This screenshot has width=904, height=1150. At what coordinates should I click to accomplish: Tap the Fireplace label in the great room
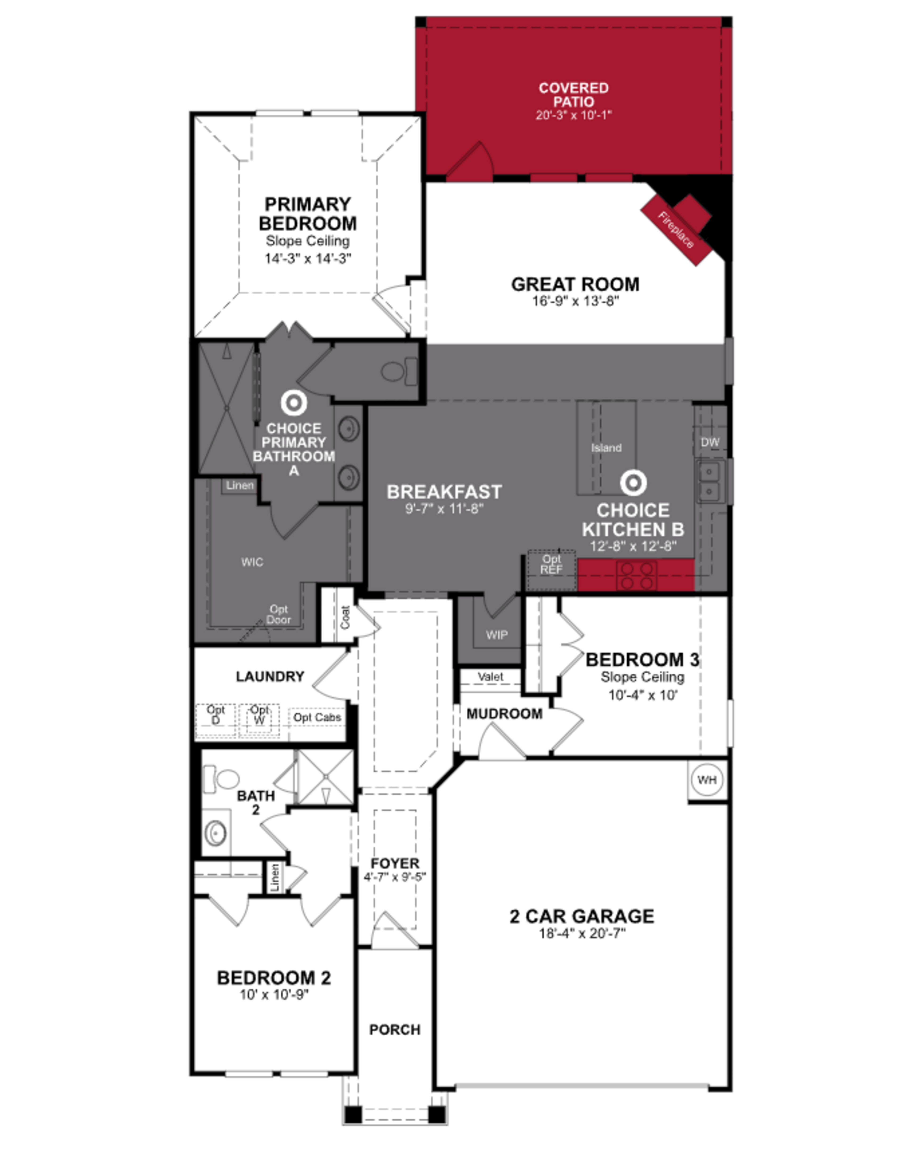pyautogui.click(x=675, y=230)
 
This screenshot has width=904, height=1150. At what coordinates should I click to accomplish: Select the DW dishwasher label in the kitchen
pyautogui.click(x=710, y=442)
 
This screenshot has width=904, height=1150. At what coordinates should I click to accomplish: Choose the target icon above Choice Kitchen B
pyautogui.click(x=633, y=482)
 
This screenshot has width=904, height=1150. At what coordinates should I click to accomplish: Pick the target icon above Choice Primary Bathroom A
pyautogui.click(x=294, y=403)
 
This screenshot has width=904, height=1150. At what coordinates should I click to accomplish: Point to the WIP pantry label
pyautogui.click(x=496, y=635)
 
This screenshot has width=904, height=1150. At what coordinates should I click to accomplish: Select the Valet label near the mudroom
pyautogui.click(x=491, y=676)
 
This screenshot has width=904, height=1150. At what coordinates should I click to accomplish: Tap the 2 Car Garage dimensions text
pyautogui.click(x=582, y=933)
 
